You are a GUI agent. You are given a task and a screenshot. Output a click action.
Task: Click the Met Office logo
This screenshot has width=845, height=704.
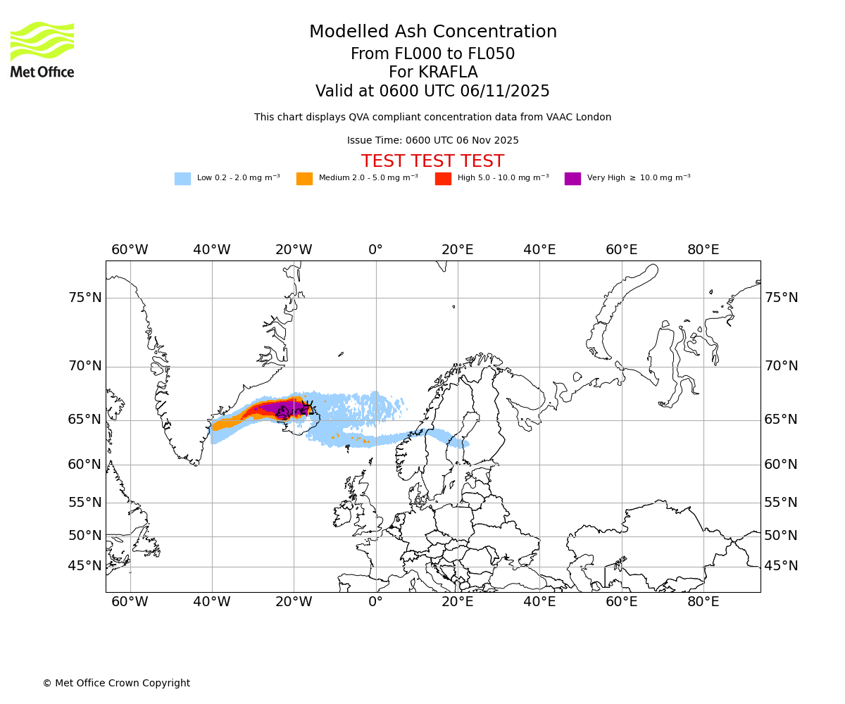tap(42, 49)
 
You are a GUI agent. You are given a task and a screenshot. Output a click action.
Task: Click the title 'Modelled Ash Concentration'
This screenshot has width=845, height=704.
tap(432, 32)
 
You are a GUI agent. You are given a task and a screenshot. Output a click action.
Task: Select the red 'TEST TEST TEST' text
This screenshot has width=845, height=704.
tap(432, 162)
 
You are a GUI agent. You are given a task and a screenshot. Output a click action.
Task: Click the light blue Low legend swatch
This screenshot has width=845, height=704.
tap(182, 179)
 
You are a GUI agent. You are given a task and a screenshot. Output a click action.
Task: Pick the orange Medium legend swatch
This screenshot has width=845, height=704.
tap(304, 179)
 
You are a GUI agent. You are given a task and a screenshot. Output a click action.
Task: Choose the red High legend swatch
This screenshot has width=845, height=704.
tap(443, 179)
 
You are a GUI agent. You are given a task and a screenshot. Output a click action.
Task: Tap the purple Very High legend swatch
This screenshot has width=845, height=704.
tap(572, 179)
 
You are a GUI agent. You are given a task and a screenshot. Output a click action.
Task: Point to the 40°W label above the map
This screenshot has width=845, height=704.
tap(211, 250)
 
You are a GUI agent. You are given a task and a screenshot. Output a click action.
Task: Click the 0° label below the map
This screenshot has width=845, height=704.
tap(375, 602)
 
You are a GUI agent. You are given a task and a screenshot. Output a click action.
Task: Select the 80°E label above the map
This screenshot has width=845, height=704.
tap(703, 250)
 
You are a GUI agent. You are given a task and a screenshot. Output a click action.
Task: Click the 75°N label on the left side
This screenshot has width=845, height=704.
tap(84, 298)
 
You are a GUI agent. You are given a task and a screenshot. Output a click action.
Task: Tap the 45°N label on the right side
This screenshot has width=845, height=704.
tap(781, 566)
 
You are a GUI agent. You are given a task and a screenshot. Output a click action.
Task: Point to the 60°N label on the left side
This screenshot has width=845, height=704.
tap(84, 465)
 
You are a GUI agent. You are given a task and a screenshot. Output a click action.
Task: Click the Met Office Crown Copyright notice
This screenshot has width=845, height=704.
tap(116, 684)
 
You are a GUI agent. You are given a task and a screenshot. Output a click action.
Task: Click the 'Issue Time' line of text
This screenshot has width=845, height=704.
tap(432, 141)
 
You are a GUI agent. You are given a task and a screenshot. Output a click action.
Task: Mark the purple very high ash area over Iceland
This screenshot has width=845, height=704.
tap(278, 406)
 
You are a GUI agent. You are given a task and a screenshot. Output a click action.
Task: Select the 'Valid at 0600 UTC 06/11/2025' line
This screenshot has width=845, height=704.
tap(432, 92)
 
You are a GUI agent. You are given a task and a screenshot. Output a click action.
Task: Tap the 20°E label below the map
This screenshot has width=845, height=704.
tap(457, 602)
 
